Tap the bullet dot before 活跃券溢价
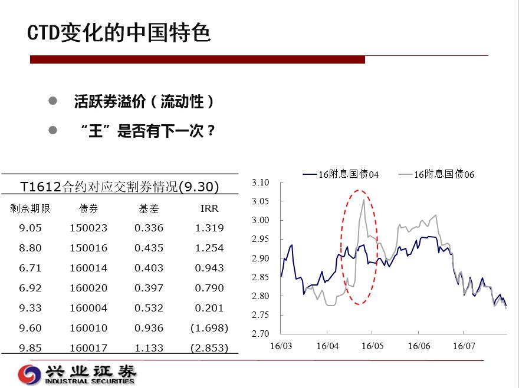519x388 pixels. coord(52,101)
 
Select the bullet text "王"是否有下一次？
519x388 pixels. coord(148,131)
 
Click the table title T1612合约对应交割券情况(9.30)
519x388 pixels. coord(120,187)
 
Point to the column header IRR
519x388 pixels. coord(209,208)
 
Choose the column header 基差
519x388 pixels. coord(149,208)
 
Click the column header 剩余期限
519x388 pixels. coord(30,208)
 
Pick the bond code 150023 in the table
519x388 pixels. coord(88,228)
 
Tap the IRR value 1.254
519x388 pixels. coord(209,248)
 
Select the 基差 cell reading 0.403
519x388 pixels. coord(149,268)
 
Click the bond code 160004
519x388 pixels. coord(88,308)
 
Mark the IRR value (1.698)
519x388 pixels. coord(209,328)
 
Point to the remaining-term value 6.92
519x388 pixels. coord(30,288)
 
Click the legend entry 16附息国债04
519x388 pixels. coord(341,174)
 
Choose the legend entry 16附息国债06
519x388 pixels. coord(436,174)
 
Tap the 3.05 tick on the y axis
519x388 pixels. coord(261,201)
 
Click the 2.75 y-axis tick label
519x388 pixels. coord(261,314)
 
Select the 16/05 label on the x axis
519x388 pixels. coord(372,346)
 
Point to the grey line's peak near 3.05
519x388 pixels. coord(364,199)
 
